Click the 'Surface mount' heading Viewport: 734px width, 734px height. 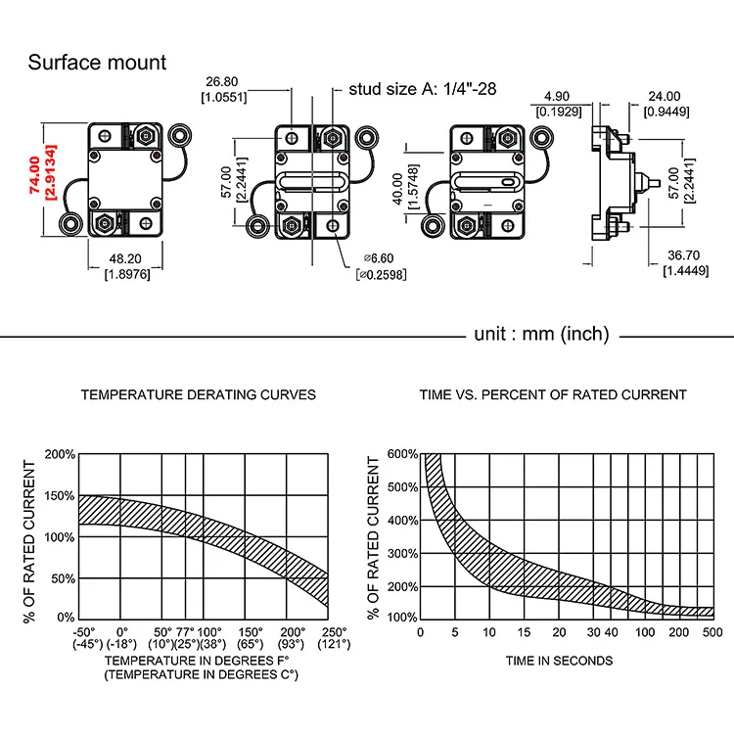point(97,63)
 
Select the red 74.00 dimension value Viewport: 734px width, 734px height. point(34,175)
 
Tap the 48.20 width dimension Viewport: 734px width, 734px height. point(125,259)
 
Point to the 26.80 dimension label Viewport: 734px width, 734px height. point(221,82)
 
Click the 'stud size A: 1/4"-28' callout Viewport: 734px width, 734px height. point(422,89)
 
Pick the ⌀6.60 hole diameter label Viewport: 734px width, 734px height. point(379,258)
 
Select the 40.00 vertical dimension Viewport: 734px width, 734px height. point(398,189)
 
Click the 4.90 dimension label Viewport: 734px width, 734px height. point(557,97)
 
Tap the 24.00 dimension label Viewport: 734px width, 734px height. point(664,97)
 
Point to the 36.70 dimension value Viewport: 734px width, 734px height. point(683,255)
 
